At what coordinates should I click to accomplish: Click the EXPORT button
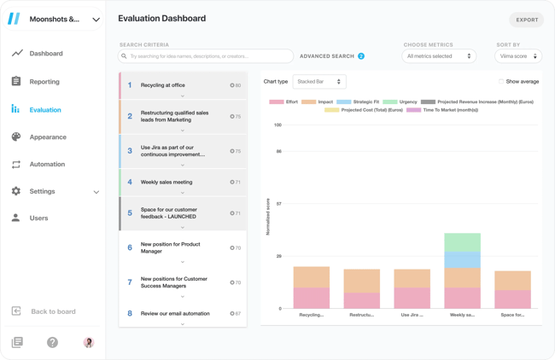(x=526, y=19)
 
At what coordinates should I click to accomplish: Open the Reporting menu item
(x=44, y=82)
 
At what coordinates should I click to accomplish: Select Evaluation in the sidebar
(x=44, y=110)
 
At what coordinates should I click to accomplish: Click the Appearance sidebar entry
(x=47, y=137)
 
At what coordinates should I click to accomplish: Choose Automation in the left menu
(x=47, y=165)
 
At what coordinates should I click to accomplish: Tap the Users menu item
(x=38, y=218)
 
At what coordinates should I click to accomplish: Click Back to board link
(x=53, y=311)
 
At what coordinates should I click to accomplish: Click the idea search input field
(x=209, y=56)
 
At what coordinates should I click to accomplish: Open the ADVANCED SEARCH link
(x=327, y=56)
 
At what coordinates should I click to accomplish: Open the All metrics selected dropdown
(x=439, y=56)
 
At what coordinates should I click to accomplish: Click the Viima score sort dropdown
(x=517, y=56)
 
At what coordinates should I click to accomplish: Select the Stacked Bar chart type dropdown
(x=319, y=82)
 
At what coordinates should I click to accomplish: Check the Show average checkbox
(x=501, y=82)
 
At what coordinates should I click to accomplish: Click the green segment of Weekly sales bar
(x=462, y=242)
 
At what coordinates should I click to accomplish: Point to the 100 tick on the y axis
(x=277, y=125)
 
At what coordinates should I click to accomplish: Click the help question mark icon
(x=53, y=342)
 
